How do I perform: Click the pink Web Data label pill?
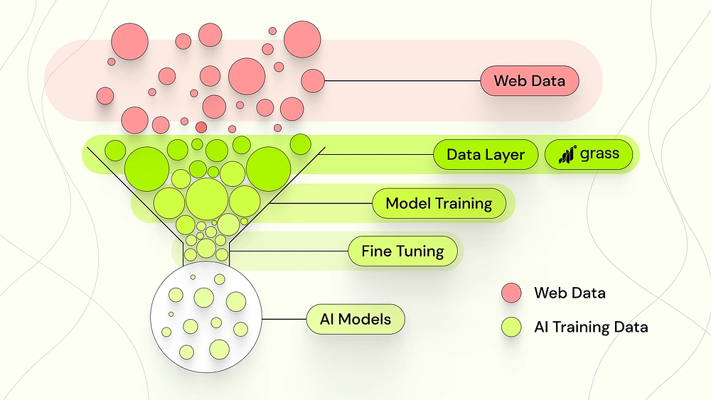pos(530,81)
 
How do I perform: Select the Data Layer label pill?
pos(486,154)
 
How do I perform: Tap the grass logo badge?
pos(588,154)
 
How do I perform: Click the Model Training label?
pos(439,204)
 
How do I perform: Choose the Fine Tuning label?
pos(402,251)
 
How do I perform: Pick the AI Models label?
pos(355,319)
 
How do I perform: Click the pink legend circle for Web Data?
pos(512,293)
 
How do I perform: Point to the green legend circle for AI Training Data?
pos(512,327)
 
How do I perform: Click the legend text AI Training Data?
pos(591,327)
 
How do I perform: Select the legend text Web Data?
pos(570,293)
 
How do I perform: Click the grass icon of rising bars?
pos(566,154)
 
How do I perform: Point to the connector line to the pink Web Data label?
pos(402,81)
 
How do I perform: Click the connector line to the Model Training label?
pos(320,204)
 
